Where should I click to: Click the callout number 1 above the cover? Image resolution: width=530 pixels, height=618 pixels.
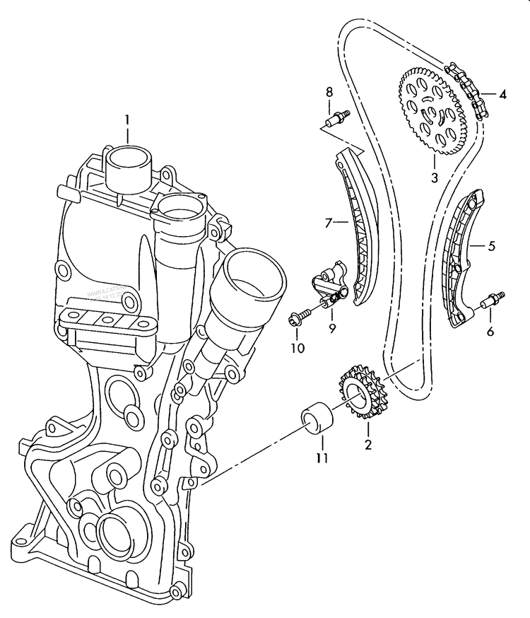click(x=128, y=119)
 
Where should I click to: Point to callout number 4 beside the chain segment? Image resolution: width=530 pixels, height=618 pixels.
click(x=502, y=94)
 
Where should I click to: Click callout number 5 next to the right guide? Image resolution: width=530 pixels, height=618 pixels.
click(x=492, y=246)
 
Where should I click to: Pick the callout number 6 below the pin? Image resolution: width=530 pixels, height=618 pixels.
click(x=490, y=331)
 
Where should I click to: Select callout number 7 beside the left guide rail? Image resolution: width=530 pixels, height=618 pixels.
click(x=328, y=223)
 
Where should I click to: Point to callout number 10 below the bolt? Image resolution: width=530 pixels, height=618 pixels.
click(x=297, y=347)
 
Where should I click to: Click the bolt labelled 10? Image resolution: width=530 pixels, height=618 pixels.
click(x=299, y=317)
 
